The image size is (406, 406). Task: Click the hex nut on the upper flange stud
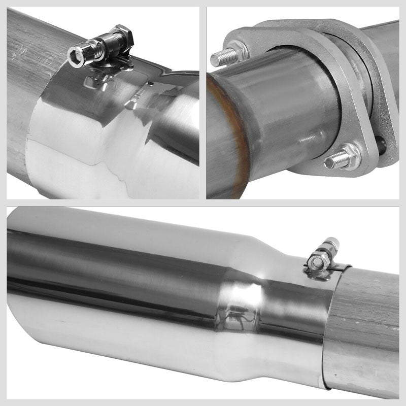pyautogui.click(x=236, y=52)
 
